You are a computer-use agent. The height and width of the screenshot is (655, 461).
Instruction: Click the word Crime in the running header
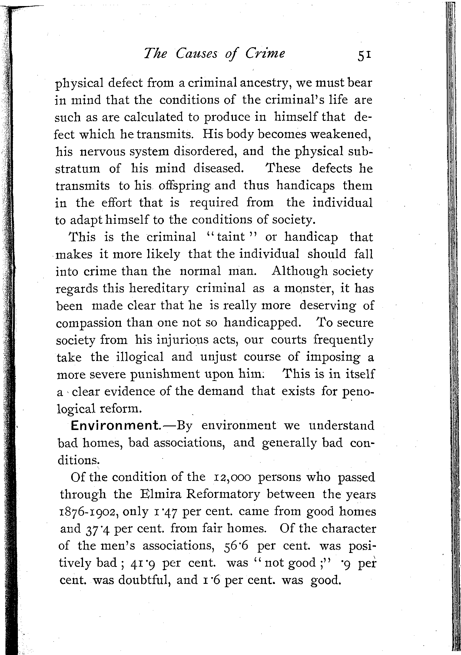[x=265, y=54]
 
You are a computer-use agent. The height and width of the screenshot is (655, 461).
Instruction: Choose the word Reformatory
[x=223, y=495]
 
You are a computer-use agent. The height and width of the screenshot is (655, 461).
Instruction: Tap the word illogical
[x=140, y=357]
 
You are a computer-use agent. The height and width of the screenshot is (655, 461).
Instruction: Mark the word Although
[x=300, y=271]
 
